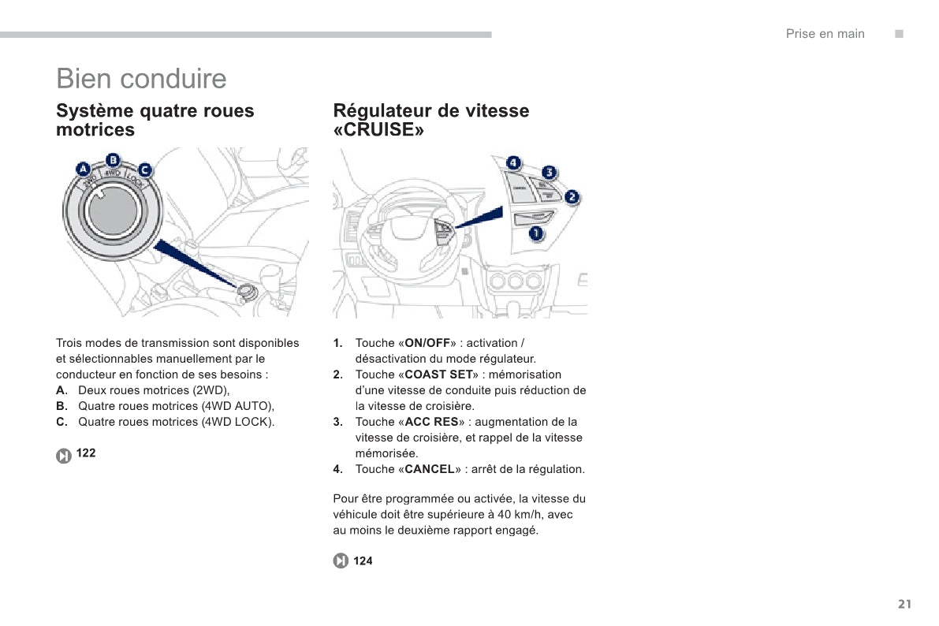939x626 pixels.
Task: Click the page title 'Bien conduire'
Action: click(x=141, y=79)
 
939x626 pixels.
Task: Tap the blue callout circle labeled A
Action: click(x=83, y=169)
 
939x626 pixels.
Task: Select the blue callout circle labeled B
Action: click(x=114, y=158)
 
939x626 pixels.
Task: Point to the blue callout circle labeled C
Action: click(x=145, y=170)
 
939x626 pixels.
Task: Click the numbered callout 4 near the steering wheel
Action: click(x=513, y=163)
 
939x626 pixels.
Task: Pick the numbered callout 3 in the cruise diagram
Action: click(x=549, y=173)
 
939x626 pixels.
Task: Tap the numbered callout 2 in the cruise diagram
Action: click(x=572, y=197)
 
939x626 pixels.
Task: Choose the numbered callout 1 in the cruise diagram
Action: click(x=536, y=233)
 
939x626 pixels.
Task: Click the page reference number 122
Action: click(x=87, y=453)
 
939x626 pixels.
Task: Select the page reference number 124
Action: click(x=363, y=561)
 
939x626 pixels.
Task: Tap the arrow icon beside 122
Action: click(x=64, y=456)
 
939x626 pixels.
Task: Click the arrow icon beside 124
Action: click(x=341, y=561)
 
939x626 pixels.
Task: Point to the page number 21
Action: click(x=904, y=605)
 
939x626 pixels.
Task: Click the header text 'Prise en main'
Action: click(x=825, y=34)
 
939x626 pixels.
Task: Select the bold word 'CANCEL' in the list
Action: click(x=430, y=470)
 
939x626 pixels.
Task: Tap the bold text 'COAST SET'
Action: click(x=438, y=375)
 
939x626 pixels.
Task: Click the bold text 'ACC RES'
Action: click(x=431, y=423)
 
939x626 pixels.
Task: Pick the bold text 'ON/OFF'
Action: click(x=427, y=344)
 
